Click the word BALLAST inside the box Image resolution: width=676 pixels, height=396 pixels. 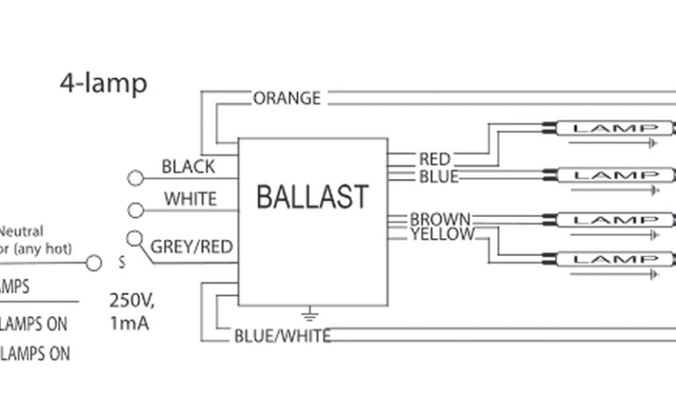click(312, 197)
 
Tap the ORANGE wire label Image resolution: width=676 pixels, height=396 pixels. click(287, 98)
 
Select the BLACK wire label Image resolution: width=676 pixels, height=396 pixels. click(188, 166)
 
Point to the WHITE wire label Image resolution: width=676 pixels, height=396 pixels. click(190, 199)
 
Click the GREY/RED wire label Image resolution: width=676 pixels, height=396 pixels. click(192, 247)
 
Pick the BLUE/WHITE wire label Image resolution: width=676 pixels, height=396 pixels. click(282, 336)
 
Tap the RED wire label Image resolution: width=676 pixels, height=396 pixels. click(434, 159)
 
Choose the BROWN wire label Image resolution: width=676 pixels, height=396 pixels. click(440, 219)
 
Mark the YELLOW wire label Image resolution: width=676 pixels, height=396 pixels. click(442, 234)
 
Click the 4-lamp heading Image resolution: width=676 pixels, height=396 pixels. click(104, 83)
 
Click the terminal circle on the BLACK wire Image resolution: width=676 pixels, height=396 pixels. click(135, 178)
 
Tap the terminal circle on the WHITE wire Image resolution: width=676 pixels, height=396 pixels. click(135, 210)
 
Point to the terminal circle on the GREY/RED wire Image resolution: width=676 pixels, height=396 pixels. click(134, 238)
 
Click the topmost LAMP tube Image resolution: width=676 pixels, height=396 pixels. click(615, 128)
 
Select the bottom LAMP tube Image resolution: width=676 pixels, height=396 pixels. click(615, 259)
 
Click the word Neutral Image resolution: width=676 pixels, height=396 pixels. click(21, 232)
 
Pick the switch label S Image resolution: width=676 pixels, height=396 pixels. click(121, 263)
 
